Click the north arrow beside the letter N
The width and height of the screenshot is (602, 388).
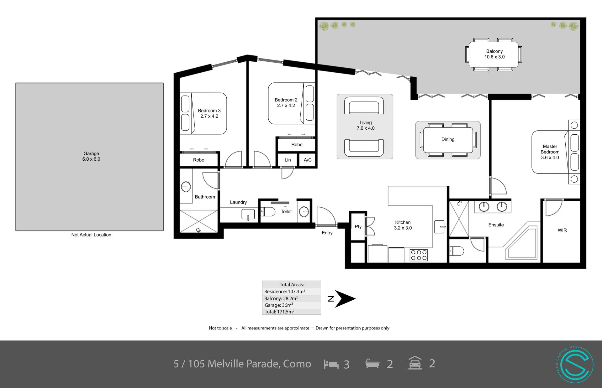pyautogui.click(x=345, y=299)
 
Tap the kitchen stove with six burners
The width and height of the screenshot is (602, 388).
pyautogui.click(x=419, y=255)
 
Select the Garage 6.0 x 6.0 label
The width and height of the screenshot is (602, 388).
pyautogui.click(x=91, y=156)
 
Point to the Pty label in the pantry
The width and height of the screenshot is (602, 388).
pyautogui.click(x=358, y=226)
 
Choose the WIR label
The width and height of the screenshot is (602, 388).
pyautogui.click(x=562, y=230)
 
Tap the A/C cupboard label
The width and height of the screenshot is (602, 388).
pyautogui.click(x=308, y=160)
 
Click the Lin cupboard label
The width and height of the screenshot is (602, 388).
pyautogui.click(x=288, y=160)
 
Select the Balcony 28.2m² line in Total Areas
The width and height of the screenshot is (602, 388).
pyautogui.click(x=281, y=298)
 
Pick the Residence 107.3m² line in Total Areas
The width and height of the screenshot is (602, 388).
pyautogui.click(x=285, y=292)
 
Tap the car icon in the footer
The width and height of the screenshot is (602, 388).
pyautogui.click(x=415, y=363)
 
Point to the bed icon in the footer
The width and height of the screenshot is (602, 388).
pyautogui.click(x=331, y=364)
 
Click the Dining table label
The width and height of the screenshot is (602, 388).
pyautogui.click(x=448, y=139)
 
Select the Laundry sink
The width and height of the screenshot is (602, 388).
pyautogui.click(x=248, y=214)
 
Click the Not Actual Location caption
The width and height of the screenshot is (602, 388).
pyautogui.click(x=91, y=235)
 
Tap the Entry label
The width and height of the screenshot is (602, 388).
pyautogui.click(x=327, y=233)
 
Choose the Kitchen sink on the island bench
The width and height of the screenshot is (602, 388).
pyautogui.click(x=439, y=227)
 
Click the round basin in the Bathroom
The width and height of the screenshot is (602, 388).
pyautogui.click(x=186, y=187)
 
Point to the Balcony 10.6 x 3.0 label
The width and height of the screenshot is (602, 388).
pyautogui.click(x=494, y=54)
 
